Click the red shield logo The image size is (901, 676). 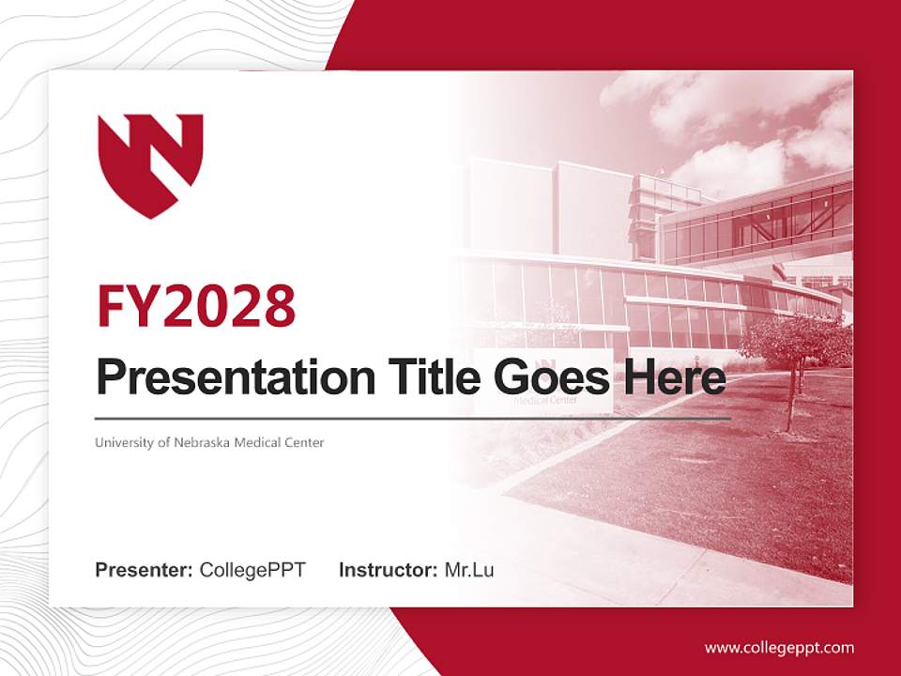point(150,161)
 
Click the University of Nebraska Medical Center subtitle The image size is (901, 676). point(209,442)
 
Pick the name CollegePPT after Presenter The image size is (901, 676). point(252,570)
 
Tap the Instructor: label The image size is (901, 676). point(388,570)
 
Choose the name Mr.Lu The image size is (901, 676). point(469,570)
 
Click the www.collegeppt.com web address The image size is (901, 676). point(779,648)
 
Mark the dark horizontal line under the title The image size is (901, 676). point(413,418)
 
